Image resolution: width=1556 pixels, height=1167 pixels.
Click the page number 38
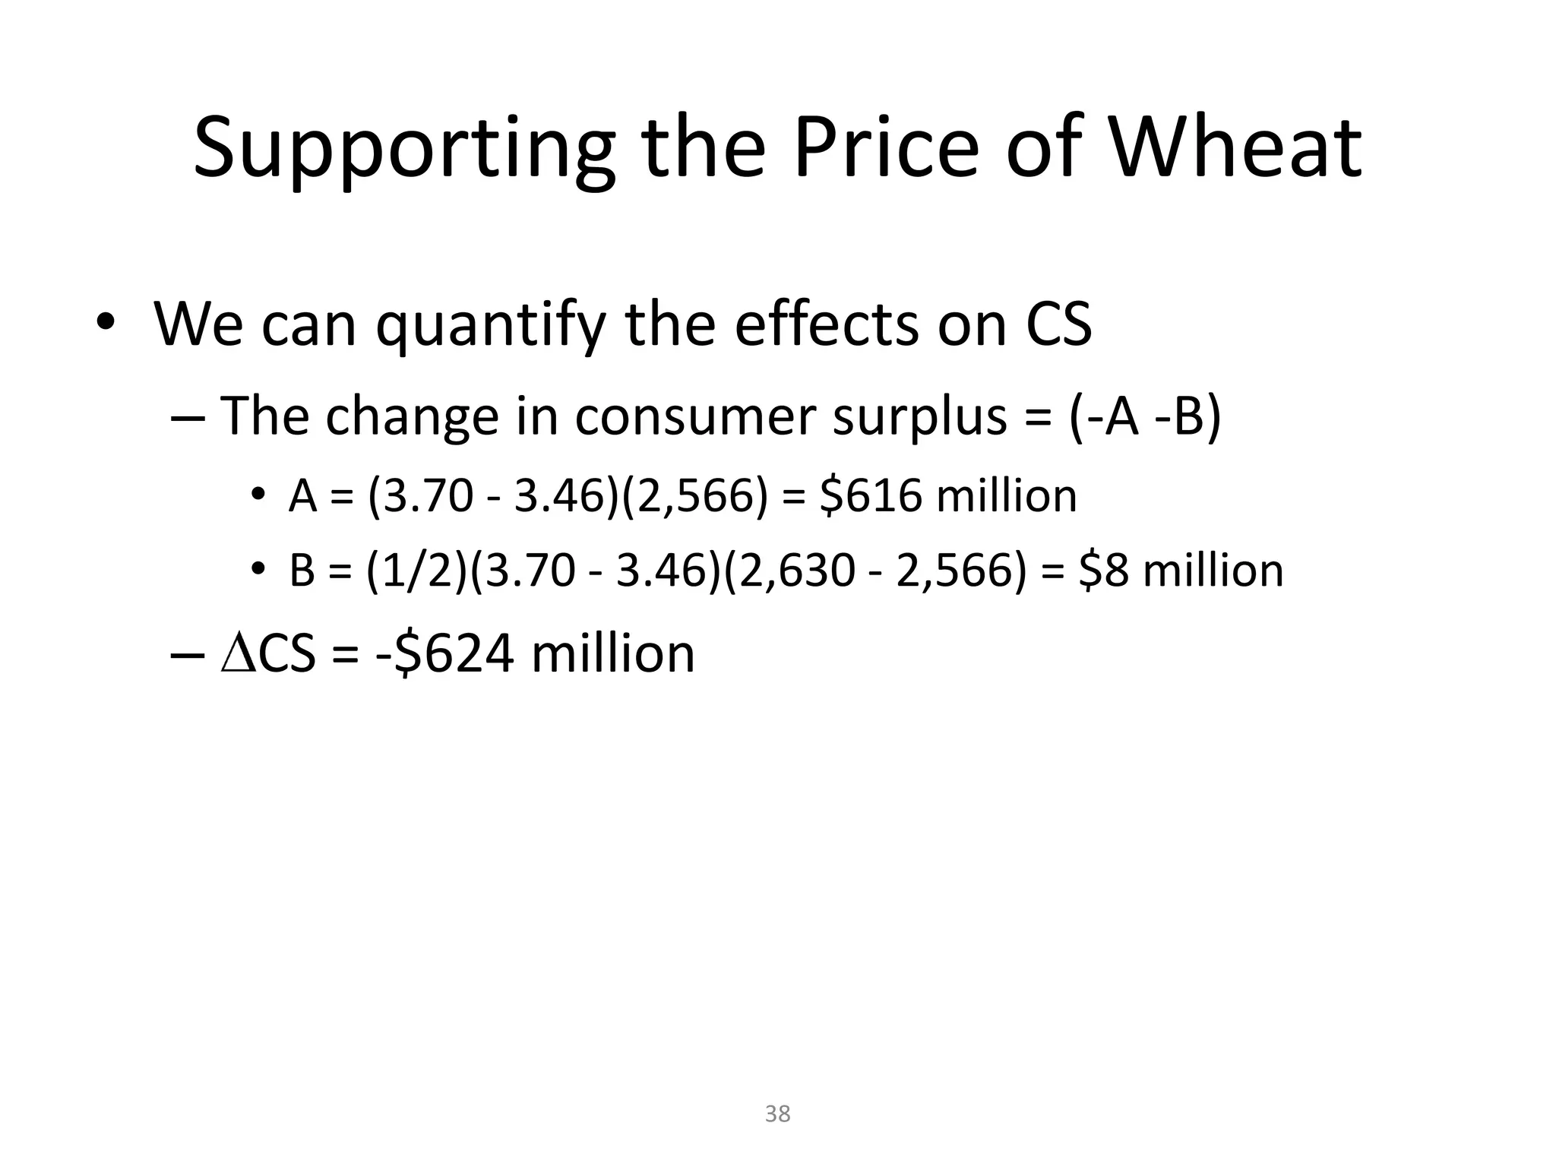777,1114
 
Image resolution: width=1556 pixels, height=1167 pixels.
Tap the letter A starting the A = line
303,498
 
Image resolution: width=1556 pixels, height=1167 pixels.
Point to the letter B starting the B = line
302,571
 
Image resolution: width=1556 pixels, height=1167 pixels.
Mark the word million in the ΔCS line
612,654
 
